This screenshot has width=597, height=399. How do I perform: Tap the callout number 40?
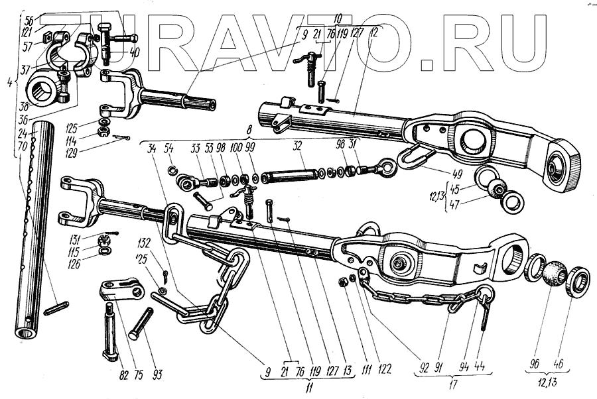coord(135,52)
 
